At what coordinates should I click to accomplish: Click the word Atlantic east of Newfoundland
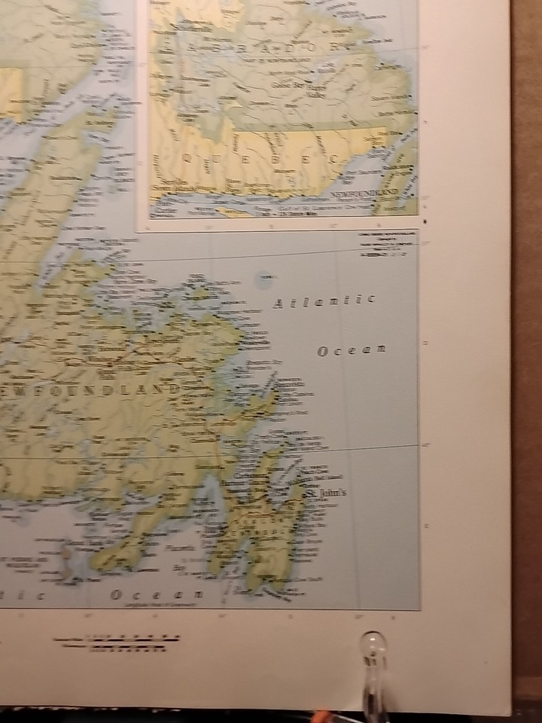click(x=324, y=302)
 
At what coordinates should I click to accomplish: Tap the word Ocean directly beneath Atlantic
click(x=351, y=350)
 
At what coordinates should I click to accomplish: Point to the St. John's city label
click(x=324, y=492)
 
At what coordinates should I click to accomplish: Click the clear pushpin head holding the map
click(x=374, y=645)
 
